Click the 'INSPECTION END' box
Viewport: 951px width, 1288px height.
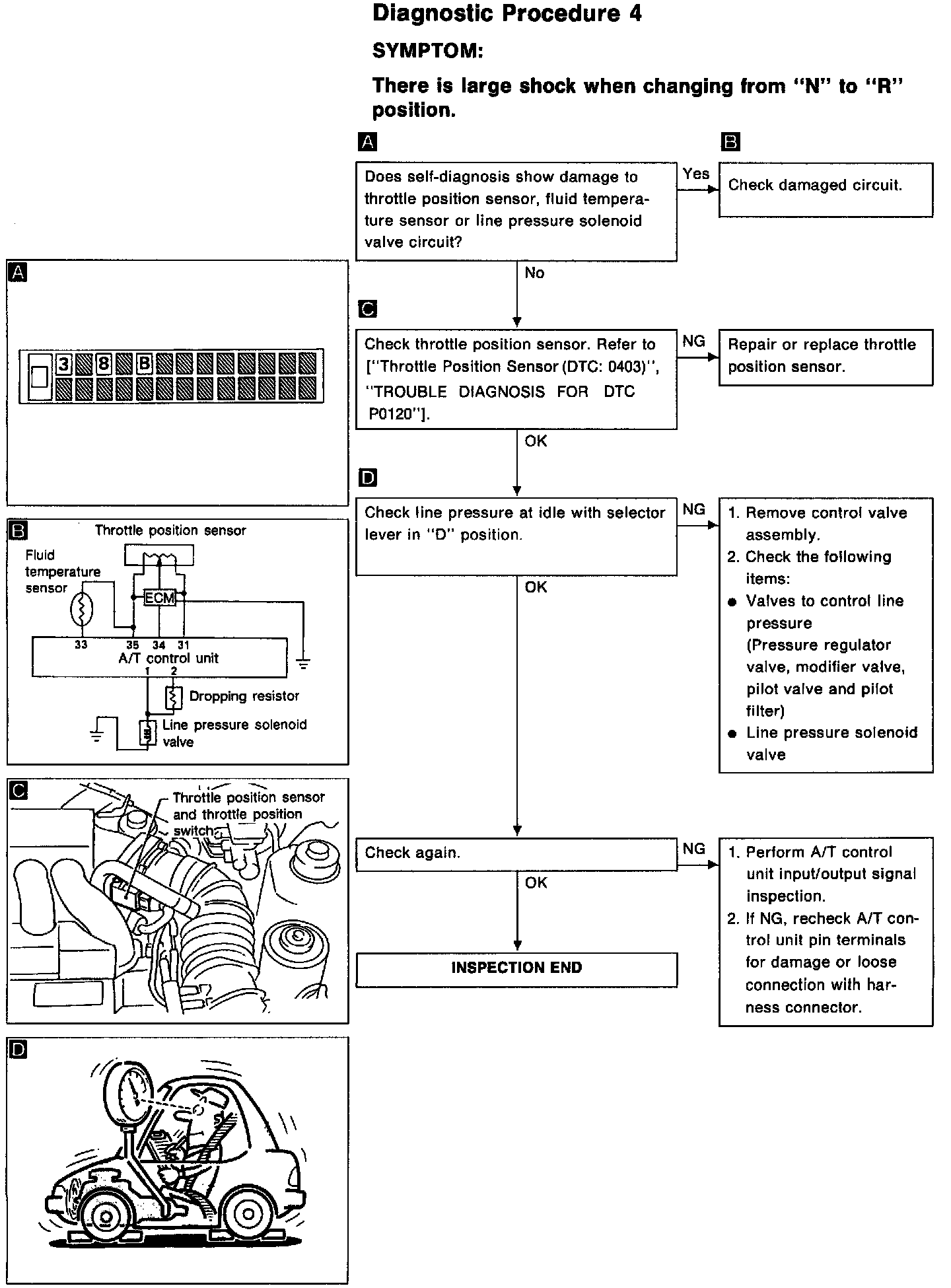click(x=516, y=968)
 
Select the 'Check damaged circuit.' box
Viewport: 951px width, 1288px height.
click(x=826, y=190)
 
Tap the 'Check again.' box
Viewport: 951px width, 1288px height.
click(x=516, y=853)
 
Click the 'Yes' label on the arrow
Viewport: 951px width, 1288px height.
click(x=696, y=174)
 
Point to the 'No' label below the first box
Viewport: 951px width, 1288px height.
click(x=534, y=273)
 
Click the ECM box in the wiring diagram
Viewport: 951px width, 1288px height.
click(x=160, y=598)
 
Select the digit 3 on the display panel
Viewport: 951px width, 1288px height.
click(x=63, y=363)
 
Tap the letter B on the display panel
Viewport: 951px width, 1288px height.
click(x=145, y=363)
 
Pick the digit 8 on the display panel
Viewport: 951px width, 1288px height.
click(x=104, y=363)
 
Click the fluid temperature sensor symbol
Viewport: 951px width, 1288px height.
click(x=81, y=610)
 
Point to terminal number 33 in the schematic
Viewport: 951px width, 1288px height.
click(x=81, y=645)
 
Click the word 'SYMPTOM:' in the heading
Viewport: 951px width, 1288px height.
click(x=427, y=51)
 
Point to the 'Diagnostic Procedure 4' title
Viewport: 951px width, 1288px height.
click(x=507, y=14)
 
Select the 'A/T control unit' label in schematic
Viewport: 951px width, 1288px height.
click(x=168, y=659)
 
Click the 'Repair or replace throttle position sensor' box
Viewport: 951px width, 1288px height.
click(x=826, y=357)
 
